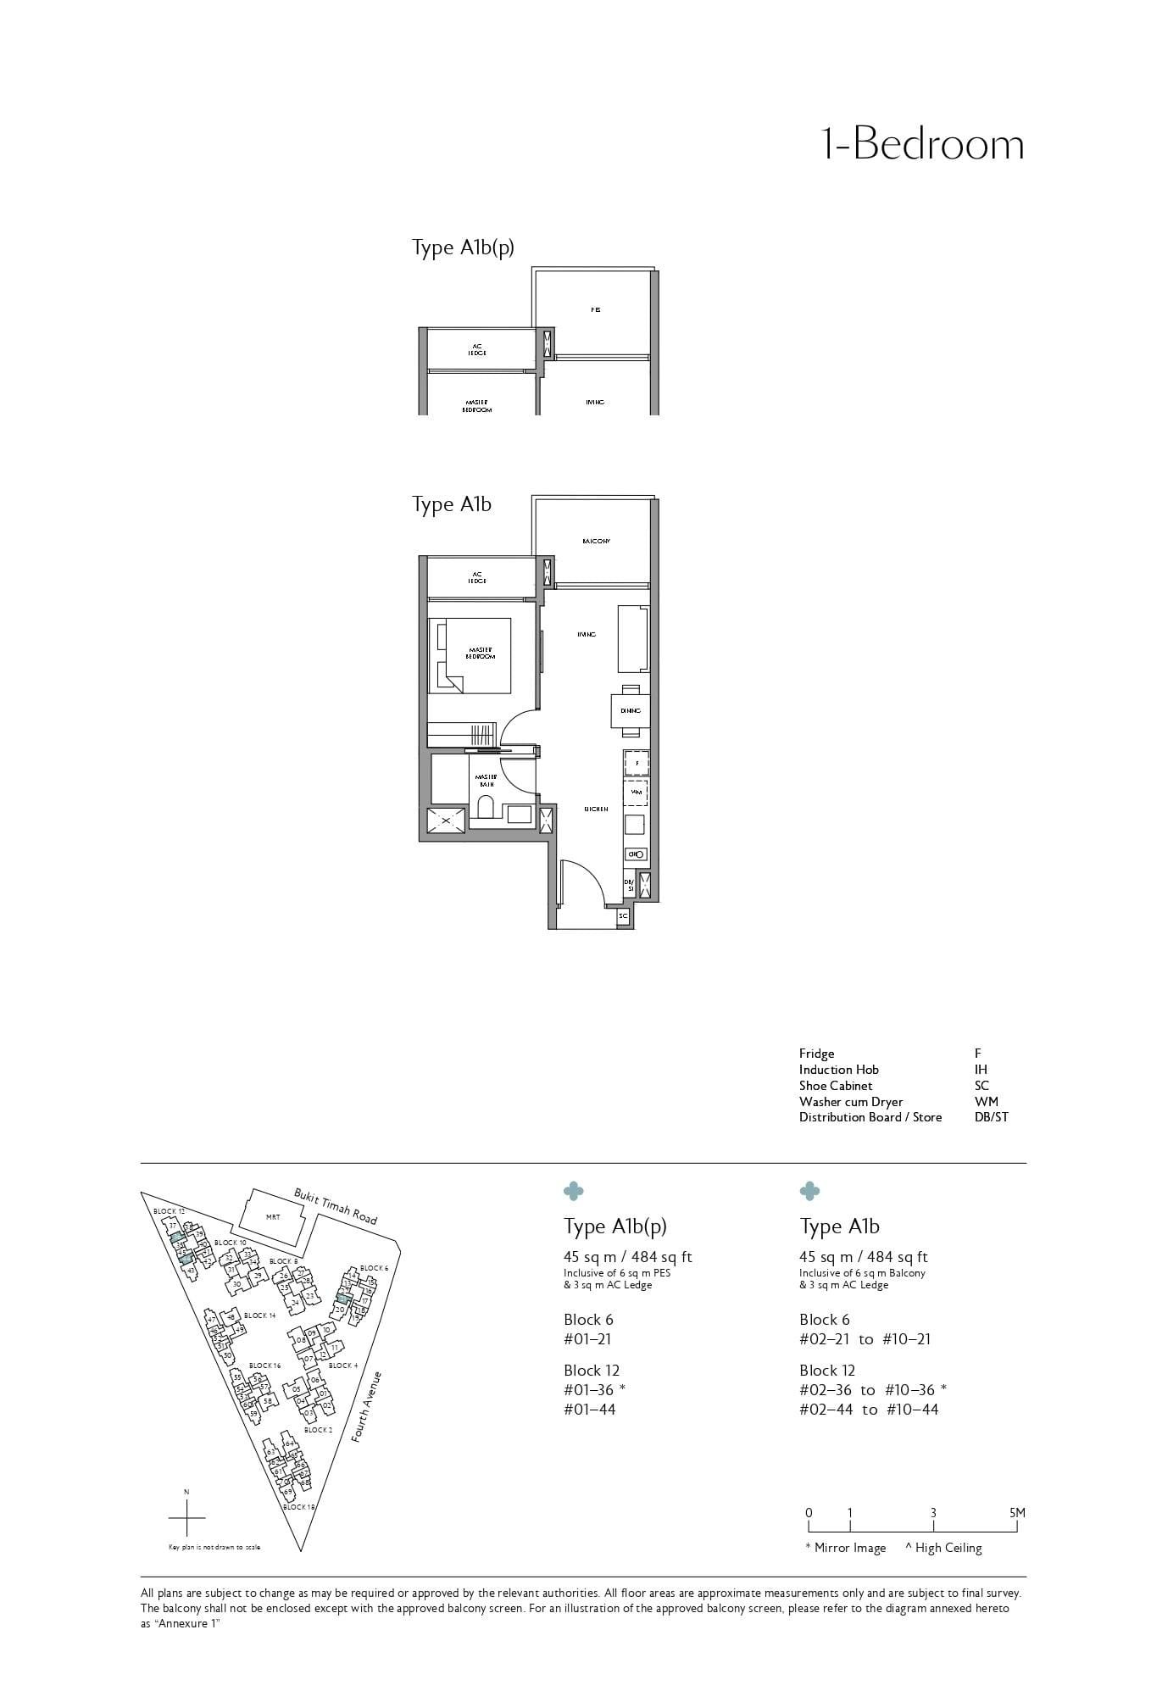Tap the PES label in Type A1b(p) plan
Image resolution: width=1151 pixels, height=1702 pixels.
click(x=595, y=310)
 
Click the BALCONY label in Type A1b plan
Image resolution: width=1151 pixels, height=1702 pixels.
click(x=596, y=541)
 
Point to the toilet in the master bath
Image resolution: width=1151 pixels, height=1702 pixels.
click(x=486, y=808)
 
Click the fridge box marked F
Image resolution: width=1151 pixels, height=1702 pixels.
click(x=637, y=763)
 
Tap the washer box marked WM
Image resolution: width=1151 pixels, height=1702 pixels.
click(x=636, y=792)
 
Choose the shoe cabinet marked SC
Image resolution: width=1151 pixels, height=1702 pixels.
click(x=623, y=916)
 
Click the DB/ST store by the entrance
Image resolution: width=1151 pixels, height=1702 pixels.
click(x=629, y=886)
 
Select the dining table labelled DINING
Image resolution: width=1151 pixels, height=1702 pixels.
click(x=630, y=710)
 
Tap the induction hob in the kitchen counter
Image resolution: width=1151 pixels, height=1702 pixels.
click(x=636, y=854)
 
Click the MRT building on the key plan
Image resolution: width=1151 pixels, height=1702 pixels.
click(x=272, y=1217)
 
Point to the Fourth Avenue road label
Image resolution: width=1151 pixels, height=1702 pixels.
click(x=368, y=1406)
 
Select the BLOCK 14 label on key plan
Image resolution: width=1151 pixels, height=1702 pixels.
click(x=259, y=1315)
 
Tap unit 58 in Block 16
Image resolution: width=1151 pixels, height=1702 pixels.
click(x=267, y=1401)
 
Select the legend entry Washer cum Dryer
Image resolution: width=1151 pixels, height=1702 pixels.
click(x=850, y=1102)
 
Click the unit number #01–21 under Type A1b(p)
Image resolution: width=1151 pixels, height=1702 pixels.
click(x=587, y=1339)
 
